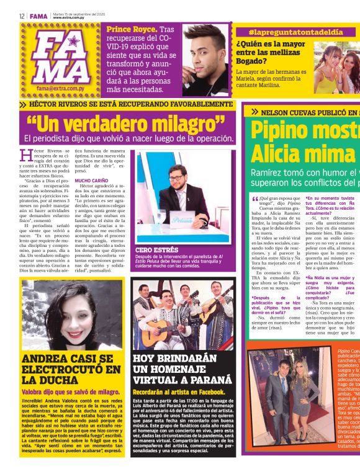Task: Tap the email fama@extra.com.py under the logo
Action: point(60,88)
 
